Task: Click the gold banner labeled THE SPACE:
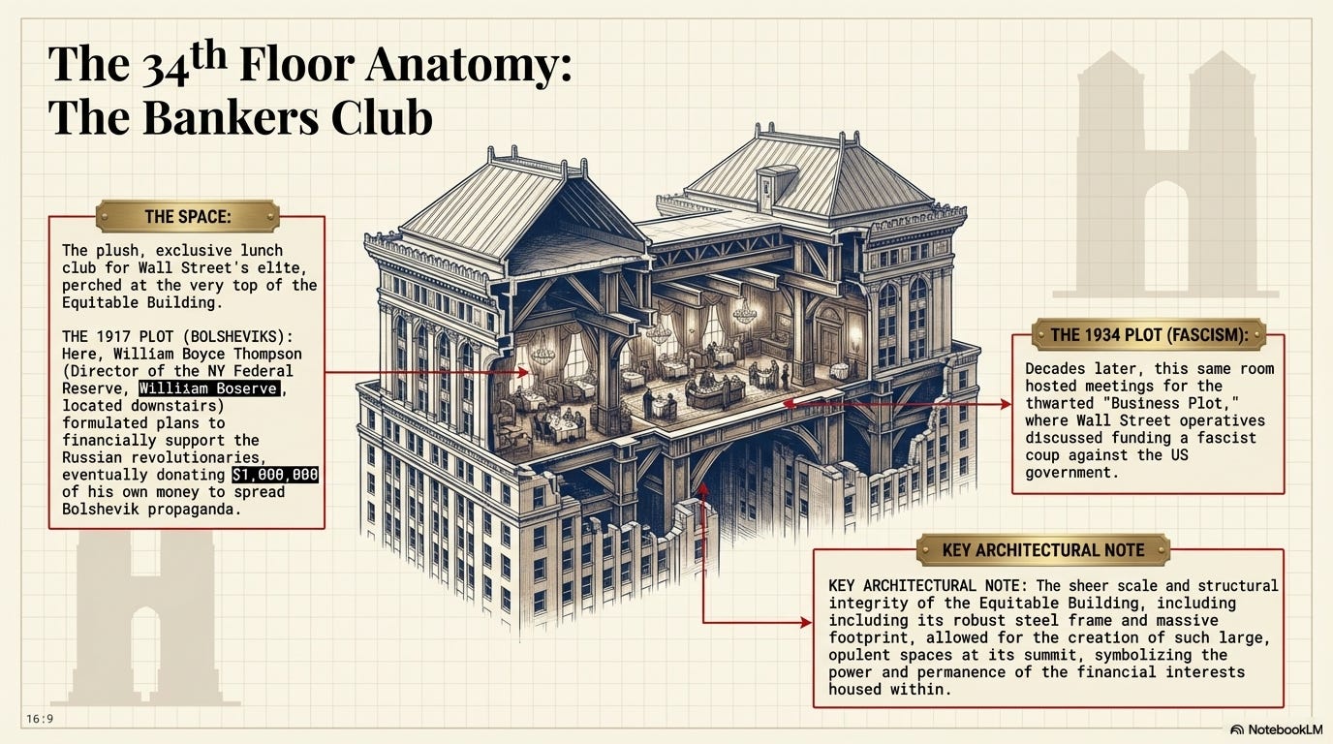click(188, 216)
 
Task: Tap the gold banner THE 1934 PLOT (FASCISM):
click(1148, 335)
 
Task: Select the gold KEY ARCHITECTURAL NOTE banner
click(1042, 550)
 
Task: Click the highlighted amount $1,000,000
click(275, 476)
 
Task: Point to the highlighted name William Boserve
click(208, 388)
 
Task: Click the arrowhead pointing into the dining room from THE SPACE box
click(524, 371)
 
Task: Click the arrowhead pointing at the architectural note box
click(806, 623)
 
